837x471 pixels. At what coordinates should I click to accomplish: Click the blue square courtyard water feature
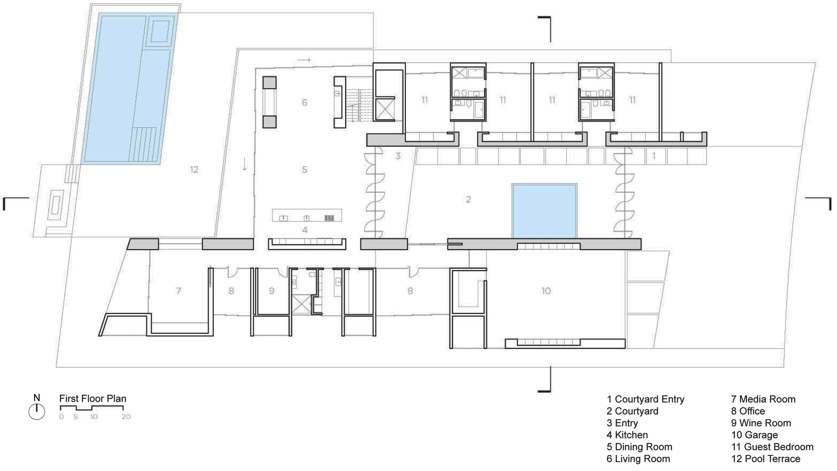(544, 210)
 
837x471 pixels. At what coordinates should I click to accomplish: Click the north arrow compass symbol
(37, 411)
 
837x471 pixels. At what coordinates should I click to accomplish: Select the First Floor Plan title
(93, 399)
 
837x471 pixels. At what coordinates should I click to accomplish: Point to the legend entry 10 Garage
(754, 435)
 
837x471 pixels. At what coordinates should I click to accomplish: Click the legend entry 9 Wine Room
(761, 423)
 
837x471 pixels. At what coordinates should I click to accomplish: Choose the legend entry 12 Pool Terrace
(765, 458)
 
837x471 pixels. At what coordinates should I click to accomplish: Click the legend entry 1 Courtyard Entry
(645, 399)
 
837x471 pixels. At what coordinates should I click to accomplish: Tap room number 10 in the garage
(546, 291)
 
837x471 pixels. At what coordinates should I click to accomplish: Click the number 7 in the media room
(178, 291)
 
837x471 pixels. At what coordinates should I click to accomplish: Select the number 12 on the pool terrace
(194, 169)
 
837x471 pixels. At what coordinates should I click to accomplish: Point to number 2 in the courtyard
(468, 199)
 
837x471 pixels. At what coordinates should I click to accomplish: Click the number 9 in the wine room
(271, 291)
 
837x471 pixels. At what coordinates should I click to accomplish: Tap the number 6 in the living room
(304, 102)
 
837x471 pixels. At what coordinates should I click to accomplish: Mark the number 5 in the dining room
(304, 169)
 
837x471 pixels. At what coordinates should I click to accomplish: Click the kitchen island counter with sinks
(307, 215)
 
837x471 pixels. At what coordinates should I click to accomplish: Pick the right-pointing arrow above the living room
(304, 59)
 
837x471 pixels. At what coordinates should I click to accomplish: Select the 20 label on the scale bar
(126, 416)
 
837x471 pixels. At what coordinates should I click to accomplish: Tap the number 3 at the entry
(398, 156)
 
